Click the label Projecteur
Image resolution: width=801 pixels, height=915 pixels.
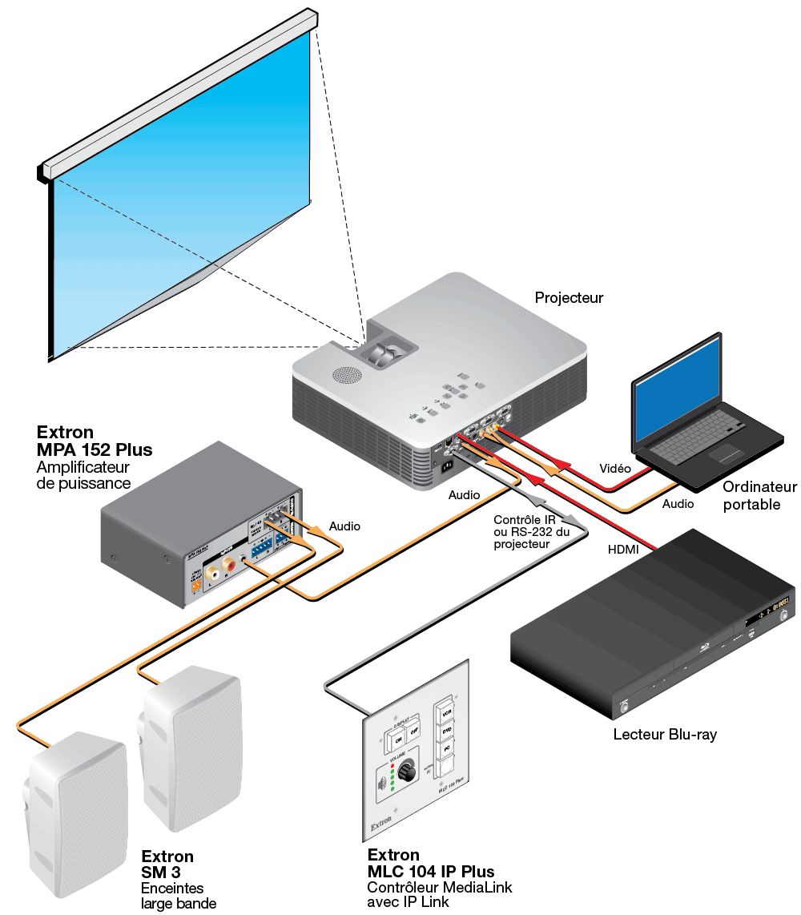click(x=569, y=298)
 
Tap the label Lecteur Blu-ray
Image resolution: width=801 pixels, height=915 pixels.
click(x=665, y=734)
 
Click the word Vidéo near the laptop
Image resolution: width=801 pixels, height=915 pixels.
click(x=615, y=468)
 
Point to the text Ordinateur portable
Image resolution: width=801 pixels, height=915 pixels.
click(x=759, y=495)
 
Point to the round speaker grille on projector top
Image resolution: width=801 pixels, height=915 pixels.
click(x=346, y=374)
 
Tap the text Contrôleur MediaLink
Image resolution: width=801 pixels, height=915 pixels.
click(x=440, y=887)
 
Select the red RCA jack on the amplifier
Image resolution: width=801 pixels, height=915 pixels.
click(x=230, y=571)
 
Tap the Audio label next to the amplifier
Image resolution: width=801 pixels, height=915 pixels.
click(x=345, y=526)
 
